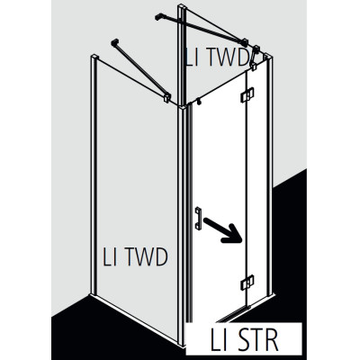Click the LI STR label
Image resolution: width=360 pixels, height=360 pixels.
(244, 340)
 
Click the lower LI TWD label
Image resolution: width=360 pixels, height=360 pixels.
(135, 256)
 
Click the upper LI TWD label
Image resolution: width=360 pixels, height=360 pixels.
(217, 57)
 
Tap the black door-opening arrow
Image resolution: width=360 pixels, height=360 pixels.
(222, 230)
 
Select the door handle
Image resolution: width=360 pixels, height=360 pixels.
(198, 218)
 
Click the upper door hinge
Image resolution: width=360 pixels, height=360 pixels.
(247, 95)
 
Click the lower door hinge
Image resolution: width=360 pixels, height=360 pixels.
(247, 283)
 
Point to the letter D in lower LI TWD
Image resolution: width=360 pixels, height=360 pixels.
(160, 257)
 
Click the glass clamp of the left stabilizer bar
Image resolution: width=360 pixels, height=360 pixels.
(166, 97)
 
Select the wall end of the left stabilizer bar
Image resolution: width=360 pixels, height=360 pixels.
(114, 42)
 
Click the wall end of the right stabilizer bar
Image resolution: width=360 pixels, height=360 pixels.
(158, 17)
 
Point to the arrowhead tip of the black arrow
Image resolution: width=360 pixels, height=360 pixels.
(241, 242)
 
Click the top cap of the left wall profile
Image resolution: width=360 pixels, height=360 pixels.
(94, 57)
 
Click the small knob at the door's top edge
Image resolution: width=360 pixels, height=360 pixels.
(198, 103)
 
